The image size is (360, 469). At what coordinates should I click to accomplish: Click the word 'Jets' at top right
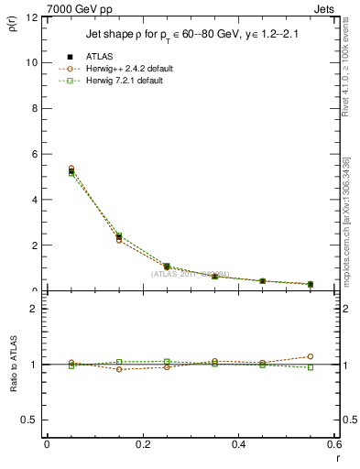pyautogui.click(x=324, y=7)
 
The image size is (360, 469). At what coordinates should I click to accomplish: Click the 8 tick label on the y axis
pyautogui.click(x=35, y=108)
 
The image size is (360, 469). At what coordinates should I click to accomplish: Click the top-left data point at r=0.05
pyautogui.click(x=47, y=170)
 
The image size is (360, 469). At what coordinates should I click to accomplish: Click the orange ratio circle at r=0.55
pyautogui.click(x=311, y=356)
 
